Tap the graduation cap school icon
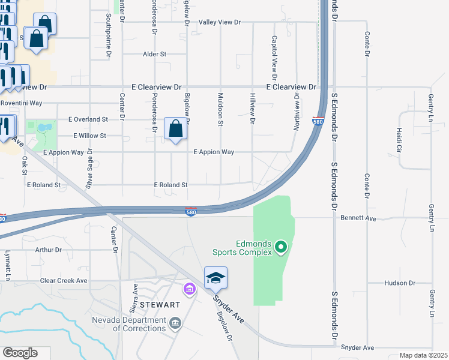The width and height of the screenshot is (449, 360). [215, 278]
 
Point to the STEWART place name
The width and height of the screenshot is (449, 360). [160, 305]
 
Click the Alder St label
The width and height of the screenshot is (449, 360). [154, 54]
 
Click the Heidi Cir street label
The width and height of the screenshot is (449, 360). [398, 139]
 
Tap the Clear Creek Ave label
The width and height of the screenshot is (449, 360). [64, 280]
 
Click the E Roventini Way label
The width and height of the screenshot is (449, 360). [21, 103]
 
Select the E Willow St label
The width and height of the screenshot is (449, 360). [89, 136]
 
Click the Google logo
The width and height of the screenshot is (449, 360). [20, 353]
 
